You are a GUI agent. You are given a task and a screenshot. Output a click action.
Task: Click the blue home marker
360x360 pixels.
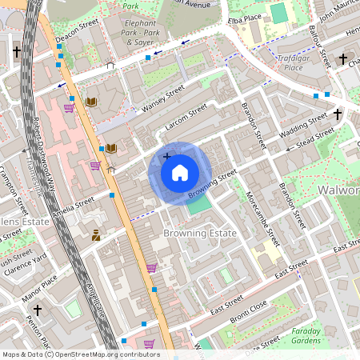pos(180,173)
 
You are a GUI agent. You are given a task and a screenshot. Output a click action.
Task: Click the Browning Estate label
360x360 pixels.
pos(200,233)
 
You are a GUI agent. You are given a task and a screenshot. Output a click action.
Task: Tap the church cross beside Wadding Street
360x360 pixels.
pos(338,114)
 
